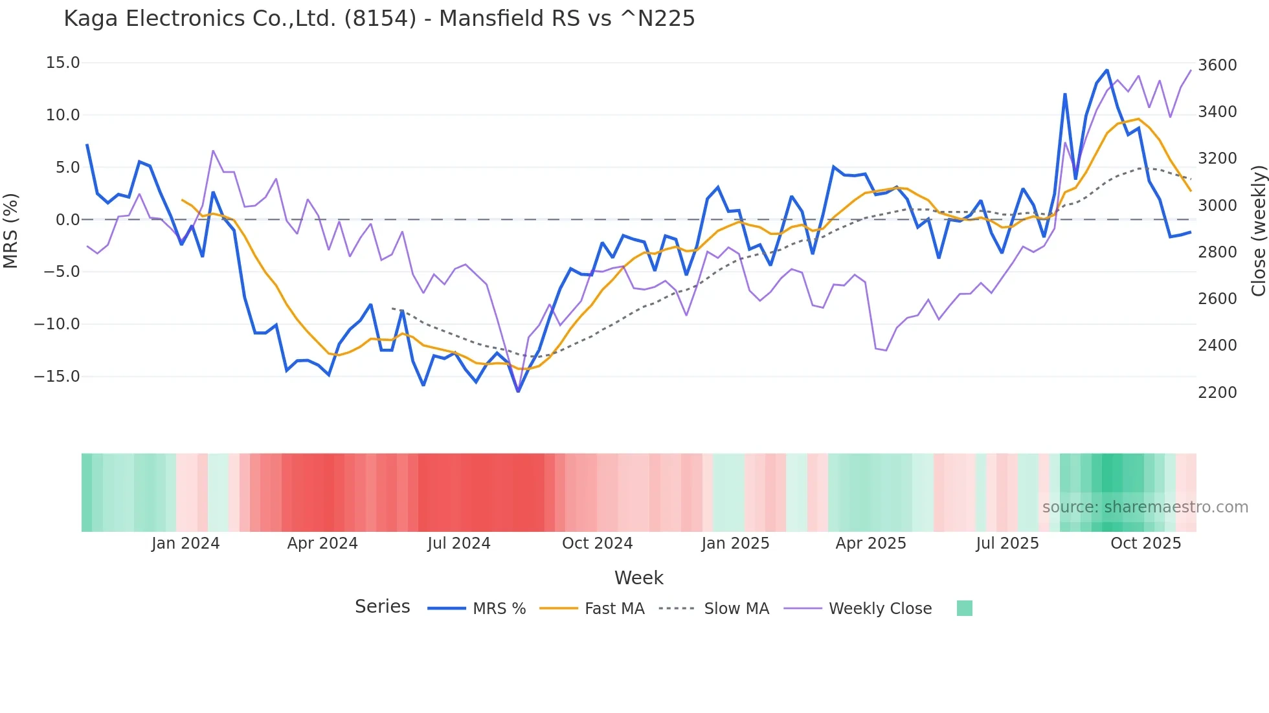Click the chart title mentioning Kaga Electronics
pyautogui.click(x=379, y=19)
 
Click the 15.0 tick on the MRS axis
pyautogui.click(x=63, y=63)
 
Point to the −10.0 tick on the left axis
pyautogui.click(x=57, y=324)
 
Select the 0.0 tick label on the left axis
pyautogui.click(x=67, y=219)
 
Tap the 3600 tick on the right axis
pyautogui.click(x=1217, y=65)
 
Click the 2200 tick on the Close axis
pyautogui.click(x=1217, y=392)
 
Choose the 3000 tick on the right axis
pyautogui.click(x=1217, y=205)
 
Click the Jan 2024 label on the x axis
pyautogui.click(x=185, y=543)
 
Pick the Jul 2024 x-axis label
pyautogui.click(x=458, y=543)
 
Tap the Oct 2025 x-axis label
pyautogui.click(x=1145, y=543)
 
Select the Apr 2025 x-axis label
pyautogui.click(x=870, y=543)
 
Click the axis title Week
pyautogui.click(x=638, y=578)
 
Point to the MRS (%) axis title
pyautogui.click(x=11, y=231)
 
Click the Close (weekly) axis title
pyautogui.click(x=1258, y=231)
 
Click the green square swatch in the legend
pyautogui.click(x=964, y=608)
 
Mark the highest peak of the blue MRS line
pyautogui.click(x=1106, y=70)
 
